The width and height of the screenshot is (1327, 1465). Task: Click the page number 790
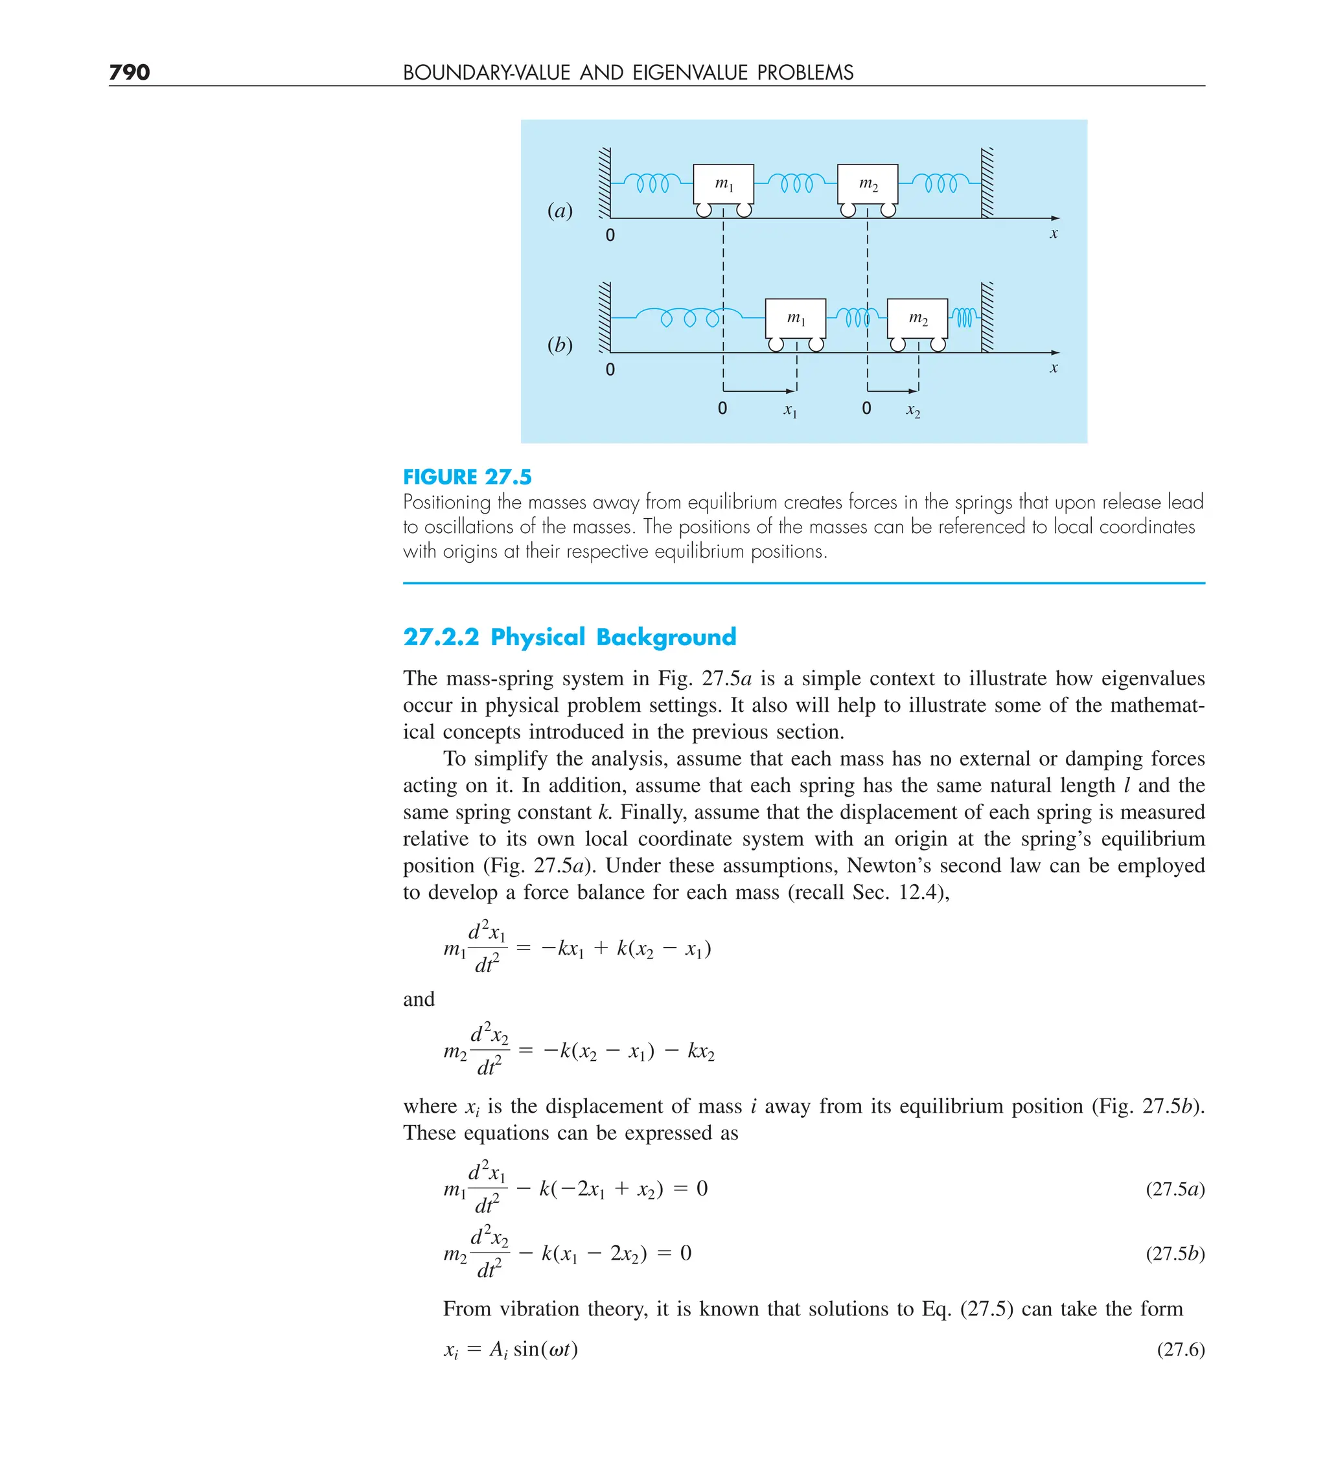[130, 72]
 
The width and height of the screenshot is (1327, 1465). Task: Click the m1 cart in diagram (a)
[722, 185]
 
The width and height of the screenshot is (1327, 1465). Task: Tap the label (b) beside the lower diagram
[560, 345]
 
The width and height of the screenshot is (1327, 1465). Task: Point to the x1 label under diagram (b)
[790, 411]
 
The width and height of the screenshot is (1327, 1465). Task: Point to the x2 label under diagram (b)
[913, 411]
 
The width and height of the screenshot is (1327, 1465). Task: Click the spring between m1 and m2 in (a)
[796, 183]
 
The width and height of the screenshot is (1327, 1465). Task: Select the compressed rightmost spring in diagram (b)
[964, 317]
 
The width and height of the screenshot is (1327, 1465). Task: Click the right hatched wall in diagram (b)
[987, 317]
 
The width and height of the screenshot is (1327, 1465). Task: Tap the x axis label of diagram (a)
[1054, 233]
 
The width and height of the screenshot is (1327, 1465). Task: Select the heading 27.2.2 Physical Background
[570, 637]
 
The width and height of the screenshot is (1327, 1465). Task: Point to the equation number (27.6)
[1181, 1350]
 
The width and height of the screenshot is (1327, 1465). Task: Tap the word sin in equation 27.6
[525, 1350]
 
